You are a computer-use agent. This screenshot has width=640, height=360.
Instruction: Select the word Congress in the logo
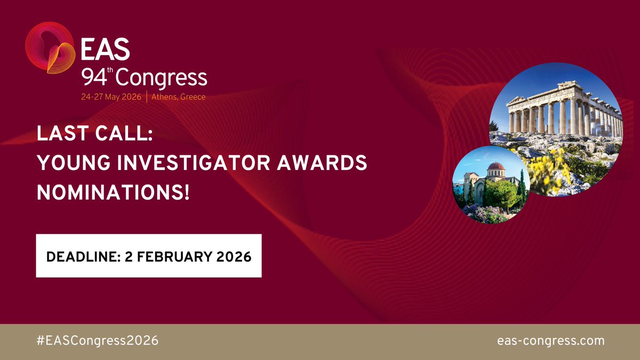click(x=161, y=79)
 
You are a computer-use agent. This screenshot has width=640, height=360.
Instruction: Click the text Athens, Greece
click(x=178, y=97)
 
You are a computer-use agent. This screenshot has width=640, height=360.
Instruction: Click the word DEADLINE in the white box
click(x=79, y=256)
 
